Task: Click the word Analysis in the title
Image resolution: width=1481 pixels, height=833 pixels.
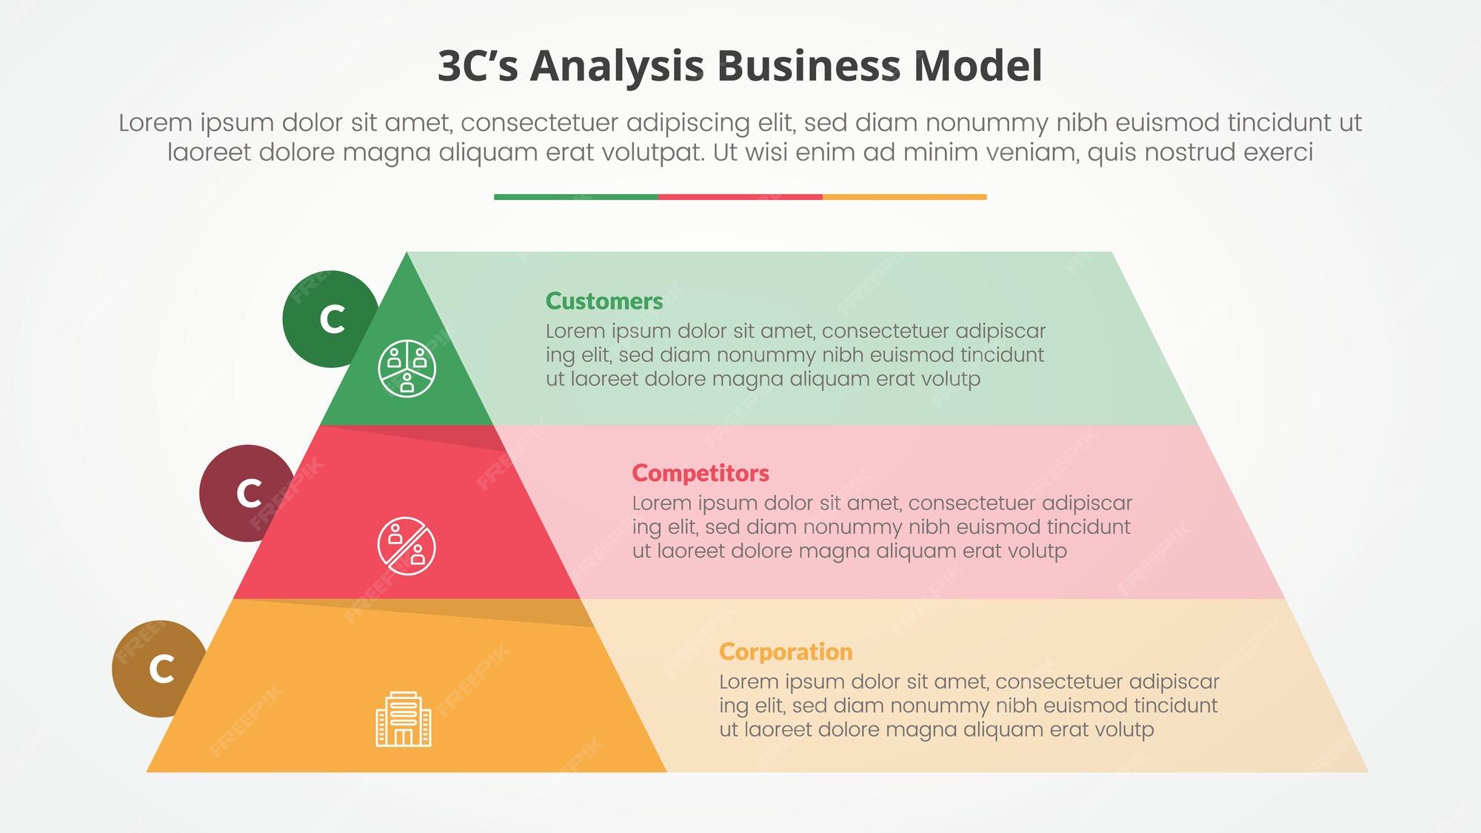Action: pos(616,67)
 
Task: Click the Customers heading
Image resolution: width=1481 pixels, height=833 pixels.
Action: pos(604,301)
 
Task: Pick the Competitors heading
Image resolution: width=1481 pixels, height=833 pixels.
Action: pos(701,473)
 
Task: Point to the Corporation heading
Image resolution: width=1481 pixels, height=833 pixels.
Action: pos(786,652)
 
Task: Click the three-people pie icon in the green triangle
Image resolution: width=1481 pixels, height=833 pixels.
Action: pos(407,368)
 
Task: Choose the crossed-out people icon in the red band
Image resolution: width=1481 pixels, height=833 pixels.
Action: pos(407,546)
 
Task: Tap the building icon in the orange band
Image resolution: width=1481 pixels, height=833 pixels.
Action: pos(404,719)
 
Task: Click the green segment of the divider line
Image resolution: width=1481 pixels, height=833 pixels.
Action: pos(575,197)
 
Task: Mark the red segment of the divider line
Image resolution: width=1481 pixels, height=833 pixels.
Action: pos(740,197)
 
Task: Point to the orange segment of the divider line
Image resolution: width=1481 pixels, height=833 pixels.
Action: pos(904,197)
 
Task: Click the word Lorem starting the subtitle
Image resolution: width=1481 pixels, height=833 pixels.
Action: pos(153,123)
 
